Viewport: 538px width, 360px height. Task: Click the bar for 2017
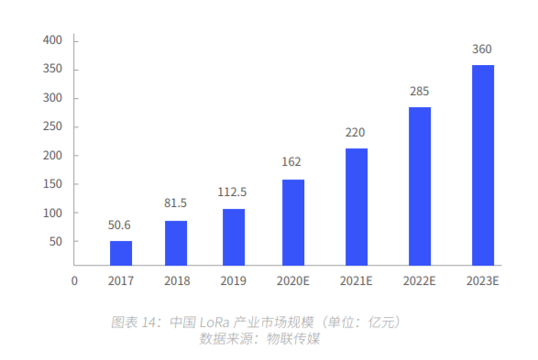pos(121,253)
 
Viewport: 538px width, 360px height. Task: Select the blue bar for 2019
pos(234,237)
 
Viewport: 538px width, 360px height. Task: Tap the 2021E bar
pos(357,207)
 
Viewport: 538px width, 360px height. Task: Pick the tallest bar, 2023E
pos(483,165)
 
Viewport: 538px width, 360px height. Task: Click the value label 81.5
pos(175,203)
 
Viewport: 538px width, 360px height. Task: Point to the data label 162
pos(291,161)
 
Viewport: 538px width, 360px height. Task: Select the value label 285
pos(419,92)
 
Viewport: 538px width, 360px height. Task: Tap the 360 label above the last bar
pos(482,49)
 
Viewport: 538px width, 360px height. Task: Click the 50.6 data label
pos(119,225)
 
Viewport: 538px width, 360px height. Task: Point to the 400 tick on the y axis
pos(52,40)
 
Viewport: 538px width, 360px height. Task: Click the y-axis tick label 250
pos(52,126)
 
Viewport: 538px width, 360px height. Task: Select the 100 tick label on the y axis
pos(52,213)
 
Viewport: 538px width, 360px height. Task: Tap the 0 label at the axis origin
pos(74,281)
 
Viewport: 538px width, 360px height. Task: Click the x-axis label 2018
pos(177,281)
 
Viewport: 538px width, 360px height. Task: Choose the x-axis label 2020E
pos(293,281)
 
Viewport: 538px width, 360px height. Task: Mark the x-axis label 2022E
pos(419,281)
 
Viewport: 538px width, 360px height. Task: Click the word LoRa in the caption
pos(214,322)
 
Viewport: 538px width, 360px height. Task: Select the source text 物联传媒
pos(293,339)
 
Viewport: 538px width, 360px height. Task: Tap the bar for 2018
pos(176,243)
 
